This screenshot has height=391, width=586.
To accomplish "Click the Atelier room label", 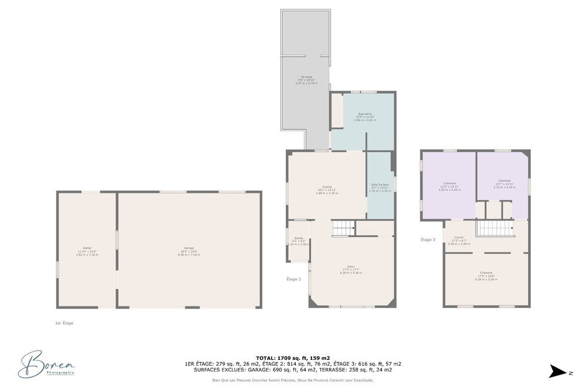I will (87, 251).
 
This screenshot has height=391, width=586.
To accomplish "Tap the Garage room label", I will (189, 251).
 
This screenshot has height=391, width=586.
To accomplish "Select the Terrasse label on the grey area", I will (306, 80).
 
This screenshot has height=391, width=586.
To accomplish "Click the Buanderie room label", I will (365, 116).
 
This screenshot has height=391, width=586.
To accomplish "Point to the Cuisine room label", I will (327, 190).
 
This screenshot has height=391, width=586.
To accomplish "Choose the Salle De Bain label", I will (380, 188).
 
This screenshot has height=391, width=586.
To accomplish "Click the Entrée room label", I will (298, 241).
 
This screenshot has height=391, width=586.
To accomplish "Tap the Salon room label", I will (352, 269).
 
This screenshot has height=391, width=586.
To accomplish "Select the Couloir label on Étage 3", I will (458, 240).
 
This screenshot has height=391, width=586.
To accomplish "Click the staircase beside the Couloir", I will (494, 228).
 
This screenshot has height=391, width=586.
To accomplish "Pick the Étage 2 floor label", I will (293, 279).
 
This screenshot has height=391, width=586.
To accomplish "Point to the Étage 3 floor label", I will (428, 239).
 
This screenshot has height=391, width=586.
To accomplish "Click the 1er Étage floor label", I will (63, 323).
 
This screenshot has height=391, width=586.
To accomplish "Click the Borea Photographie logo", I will (46, 365).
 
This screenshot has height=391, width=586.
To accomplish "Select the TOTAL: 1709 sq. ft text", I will (293, 357).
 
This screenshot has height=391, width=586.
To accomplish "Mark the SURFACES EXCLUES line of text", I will (293, 370).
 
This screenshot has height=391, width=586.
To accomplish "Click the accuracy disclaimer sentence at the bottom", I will (293, 380).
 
